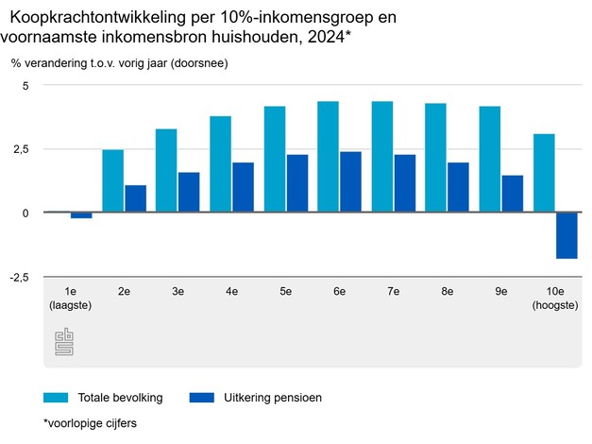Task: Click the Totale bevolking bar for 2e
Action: (x=113, y=181)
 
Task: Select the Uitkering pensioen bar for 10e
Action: (x=567, y=235)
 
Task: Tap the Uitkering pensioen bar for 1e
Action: (x=81, y=215)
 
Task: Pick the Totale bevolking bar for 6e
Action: (x=329, y=157)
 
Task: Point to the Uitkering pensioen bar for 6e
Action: (x=350, y=182)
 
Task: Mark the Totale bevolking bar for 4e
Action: (x=220, y=164)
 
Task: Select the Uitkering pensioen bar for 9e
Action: (x=513, y=194)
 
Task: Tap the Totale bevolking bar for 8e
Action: (x=435, y=158)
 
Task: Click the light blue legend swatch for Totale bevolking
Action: (x=56, y=398)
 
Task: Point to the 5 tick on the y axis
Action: (x=26, y=86)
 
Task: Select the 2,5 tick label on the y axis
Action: (x=23, y=149)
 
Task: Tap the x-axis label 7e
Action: (x=394, y=292)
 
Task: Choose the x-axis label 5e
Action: (x=286, y=292)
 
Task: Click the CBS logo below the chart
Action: (x=64, y=343)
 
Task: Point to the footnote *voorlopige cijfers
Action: (x=90, y=423)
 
